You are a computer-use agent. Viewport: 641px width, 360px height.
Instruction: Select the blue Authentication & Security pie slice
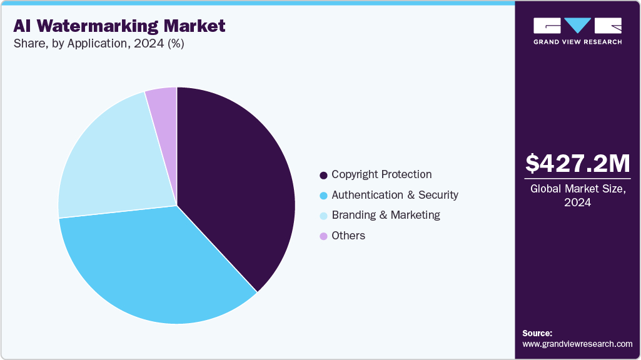point(156,269)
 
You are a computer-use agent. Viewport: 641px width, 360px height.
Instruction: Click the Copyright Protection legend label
point(381,174)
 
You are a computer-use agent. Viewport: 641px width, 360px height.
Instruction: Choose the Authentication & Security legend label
point(395,195)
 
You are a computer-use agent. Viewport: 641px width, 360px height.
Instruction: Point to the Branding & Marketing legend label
point(386,215)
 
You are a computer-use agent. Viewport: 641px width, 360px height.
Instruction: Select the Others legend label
point(348,236)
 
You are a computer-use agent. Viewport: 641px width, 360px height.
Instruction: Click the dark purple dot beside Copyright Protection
point(323,175)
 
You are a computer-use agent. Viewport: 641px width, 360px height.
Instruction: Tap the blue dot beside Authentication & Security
point(323,196)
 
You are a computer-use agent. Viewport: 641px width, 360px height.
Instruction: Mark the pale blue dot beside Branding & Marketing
point(323,216)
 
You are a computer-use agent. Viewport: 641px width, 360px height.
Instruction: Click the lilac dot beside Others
point(323,236)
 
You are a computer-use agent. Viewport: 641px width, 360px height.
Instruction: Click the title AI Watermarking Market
point(119,26)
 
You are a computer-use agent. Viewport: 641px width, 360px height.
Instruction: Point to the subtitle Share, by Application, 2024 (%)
point(98,44)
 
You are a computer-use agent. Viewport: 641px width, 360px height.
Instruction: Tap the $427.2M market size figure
point(577,164)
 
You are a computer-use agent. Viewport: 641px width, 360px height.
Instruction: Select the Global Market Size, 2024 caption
point(577,195)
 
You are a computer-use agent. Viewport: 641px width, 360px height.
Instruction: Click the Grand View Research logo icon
point(577,25)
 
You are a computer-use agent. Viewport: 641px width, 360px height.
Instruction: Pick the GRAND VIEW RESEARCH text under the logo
point(577,42)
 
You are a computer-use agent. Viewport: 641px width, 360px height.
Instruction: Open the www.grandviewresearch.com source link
point(577,344)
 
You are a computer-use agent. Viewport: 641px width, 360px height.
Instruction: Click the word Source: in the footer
point(537,333)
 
